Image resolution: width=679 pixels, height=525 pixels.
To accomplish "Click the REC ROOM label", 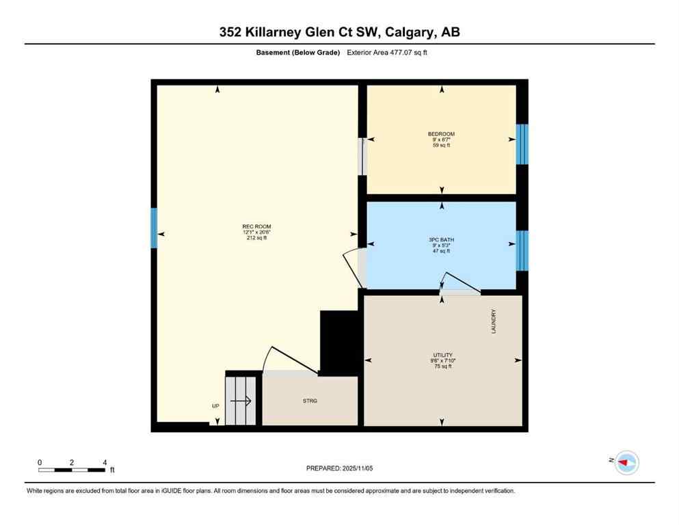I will tap(252, 226).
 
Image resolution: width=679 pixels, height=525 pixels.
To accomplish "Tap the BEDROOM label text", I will tap(441, 134).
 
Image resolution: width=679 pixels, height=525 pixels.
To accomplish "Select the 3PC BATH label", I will tap(441, 240).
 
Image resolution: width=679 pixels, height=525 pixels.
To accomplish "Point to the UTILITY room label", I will tap(442, 355).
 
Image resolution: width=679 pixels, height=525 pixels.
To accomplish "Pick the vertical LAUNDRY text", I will tap(493, 321).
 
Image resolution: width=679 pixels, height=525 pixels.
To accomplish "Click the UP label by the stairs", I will tap(215, 406).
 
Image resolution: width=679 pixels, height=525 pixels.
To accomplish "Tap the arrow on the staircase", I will tap(244, 401).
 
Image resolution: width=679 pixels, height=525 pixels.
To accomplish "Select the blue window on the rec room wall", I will tap(155, 228).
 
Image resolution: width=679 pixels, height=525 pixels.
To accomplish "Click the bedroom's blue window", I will tap(522, 144).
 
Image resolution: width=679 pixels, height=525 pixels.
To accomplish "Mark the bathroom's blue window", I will tap(522, 251).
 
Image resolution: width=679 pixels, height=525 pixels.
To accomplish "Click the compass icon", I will tap(626, 463).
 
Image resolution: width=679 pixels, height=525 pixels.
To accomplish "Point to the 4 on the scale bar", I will tap(105, 462).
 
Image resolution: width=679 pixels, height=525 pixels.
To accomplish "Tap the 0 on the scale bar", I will tap(40, 462).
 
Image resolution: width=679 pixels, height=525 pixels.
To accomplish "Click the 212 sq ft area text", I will tap(252, 239).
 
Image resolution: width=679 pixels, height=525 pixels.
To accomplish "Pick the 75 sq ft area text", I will tap(442, 366).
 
